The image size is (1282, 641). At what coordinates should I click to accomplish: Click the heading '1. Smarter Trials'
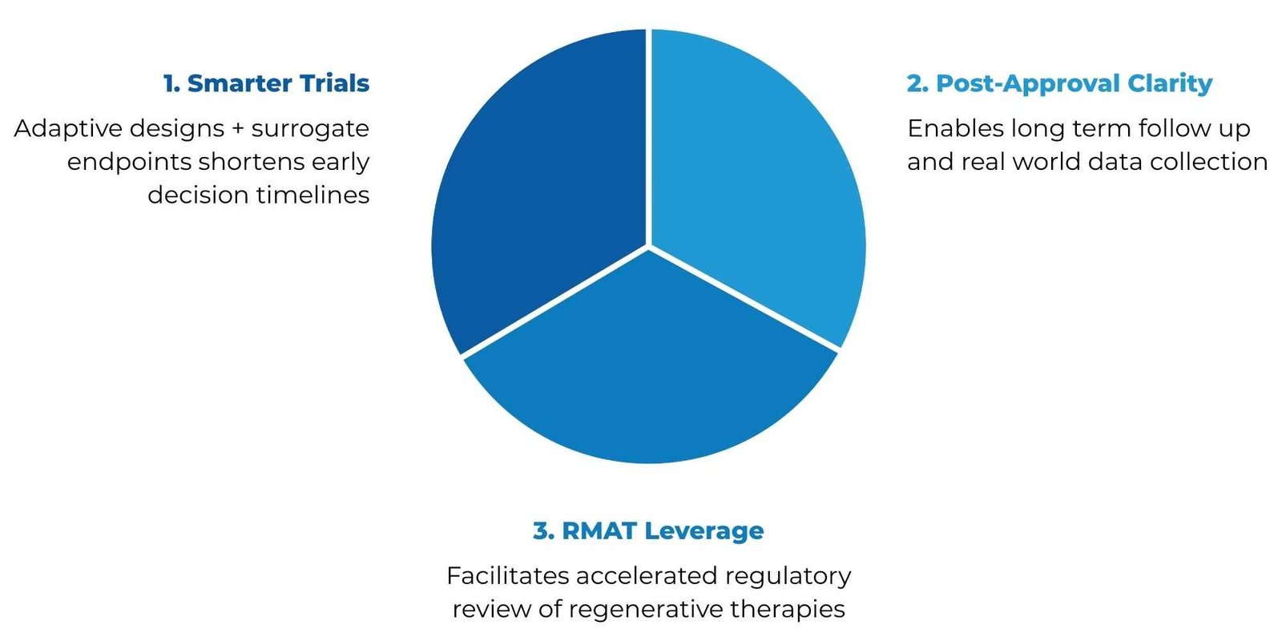click(x=266, y=83)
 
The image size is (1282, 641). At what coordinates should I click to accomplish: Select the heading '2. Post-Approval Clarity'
click(x=1059, y=84)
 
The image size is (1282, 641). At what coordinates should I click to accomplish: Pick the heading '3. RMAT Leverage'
click(x=648, y=531)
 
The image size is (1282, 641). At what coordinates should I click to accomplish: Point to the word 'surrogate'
click(x=310, y=129)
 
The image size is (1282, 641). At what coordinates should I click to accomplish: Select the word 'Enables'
click(x=955, y=129)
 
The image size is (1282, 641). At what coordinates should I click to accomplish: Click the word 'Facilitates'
click(x=508, y=576)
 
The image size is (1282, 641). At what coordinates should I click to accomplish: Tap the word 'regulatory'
click(x=788, y=577)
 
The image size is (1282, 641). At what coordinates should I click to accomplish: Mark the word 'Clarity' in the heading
click(x=1170, y=84)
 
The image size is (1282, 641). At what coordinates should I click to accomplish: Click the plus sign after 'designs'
click(x=237, y=129)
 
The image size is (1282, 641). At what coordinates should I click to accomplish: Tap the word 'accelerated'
click(x=647, y=576)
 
